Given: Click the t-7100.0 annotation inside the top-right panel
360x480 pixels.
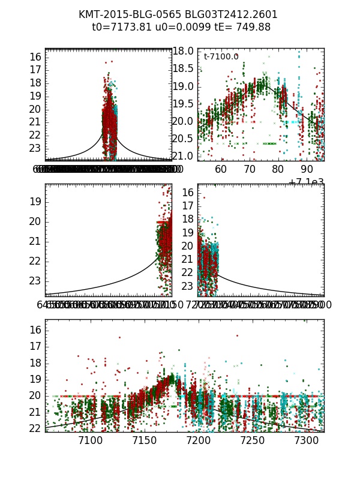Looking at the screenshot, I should pyautogui.click(x=221, y=56).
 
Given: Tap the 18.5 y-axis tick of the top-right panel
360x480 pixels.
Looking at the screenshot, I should pyautogui.click(x=183, y=69).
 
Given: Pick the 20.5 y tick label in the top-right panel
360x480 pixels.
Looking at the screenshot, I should pyautogui.click(x=183, y=139).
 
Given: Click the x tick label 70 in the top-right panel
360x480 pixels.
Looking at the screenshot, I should pyautogui.click(x=250, y=169).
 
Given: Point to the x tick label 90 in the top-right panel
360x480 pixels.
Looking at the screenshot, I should pyautogui.click(x=307, y=169).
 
